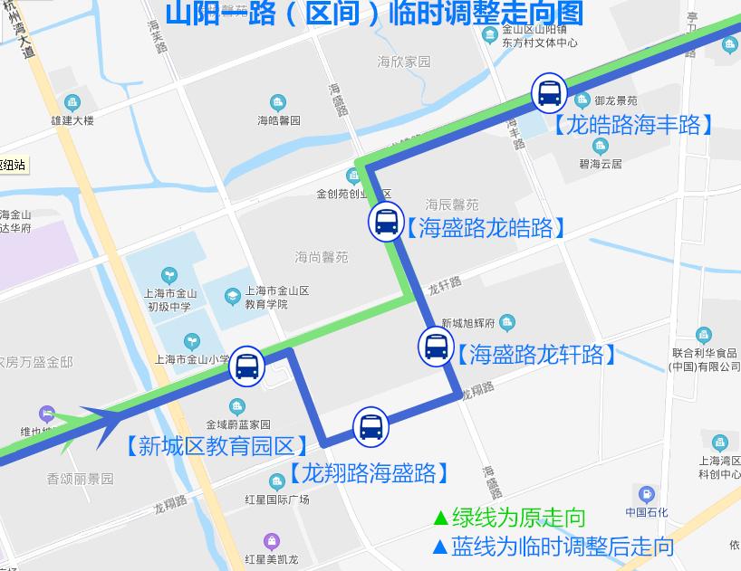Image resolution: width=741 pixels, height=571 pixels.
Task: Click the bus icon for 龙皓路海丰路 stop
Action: (x=549, y=92)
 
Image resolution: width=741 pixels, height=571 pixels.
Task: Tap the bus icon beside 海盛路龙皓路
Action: (x=386, y=221)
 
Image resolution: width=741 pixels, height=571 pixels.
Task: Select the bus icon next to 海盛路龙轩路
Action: (x=436, y=347)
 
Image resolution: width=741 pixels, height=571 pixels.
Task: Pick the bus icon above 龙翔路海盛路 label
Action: (x=370, y=425)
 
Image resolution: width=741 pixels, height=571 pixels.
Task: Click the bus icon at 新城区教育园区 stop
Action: (x=246, y=366)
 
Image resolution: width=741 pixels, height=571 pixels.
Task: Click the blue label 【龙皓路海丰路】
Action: (x=633, y=125)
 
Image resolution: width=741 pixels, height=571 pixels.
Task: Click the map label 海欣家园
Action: (x=404, y=62)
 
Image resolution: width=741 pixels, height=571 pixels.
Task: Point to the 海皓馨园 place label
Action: (x=278, y=119)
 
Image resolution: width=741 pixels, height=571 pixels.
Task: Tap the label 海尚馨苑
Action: (x=321, y=258)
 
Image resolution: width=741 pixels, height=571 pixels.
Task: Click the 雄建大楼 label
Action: (x=72, y=119)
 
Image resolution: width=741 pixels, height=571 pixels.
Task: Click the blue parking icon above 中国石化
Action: (x=647, y=495)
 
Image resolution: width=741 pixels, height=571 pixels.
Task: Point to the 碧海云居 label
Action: (x=601, y=164)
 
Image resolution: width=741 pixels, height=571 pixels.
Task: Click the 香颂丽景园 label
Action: (x=81, y=479)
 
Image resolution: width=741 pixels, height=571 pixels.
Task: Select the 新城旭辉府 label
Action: (x=467, y=323)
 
